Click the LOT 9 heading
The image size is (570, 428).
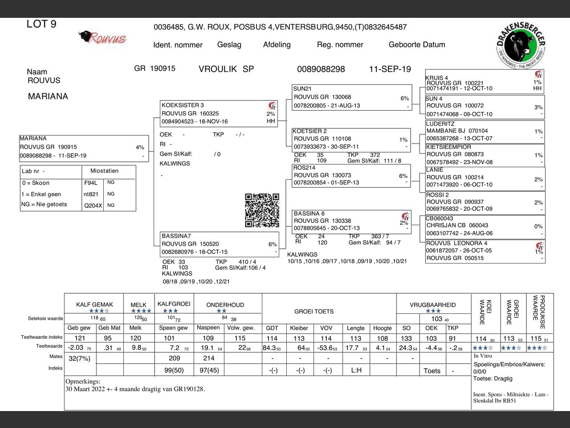(41, 24)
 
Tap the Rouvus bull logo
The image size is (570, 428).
(102, 37)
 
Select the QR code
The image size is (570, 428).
(262, 210)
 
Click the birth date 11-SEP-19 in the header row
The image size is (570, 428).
(390, 69)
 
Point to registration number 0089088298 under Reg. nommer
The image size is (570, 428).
(321, 69)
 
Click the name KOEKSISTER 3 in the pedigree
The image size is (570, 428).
(183, 105)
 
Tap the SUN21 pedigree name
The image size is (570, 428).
(302, 89)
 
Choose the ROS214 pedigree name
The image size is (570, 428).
(304, 168)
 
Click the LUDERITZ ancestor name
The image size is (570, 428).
(440, 124)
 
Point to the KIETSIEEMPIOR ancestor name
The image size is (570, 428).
(448, 147)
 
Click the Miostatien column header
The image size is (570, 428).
(104, 171)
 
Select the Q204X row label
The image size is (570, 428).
(93, 206)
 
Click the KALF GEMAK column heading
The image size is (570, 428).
(94, 305)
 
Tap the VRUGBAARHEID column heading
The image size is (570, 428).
(432, 305)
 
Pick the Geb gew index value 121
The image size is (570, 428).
(80, 338)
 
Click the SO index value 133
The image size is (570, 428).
(406, 338)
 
